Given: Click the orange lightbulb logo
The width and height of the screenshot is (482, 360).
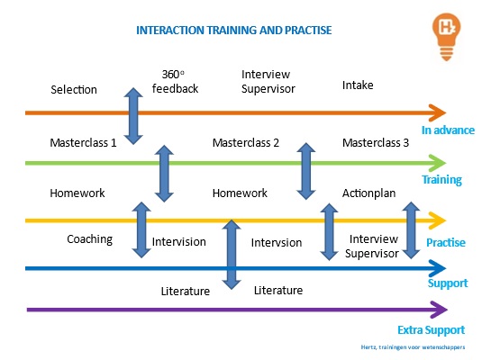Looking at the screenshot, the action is pyautogui.click(x=446, y=37).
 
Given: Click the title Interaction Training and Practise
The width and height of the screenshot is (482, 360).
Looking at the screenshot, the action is pyautogui.click(x=234, y=31).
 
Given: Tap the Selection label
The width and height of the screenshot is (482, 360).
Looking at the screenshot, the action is pyautogui.click(x=74, y=90).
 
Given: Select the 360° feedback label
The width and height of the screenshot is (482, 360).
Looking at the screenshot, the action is pyautogui.click(x=175, y=81).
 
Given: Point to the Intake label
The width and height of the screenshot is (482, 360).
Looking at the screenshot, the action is pyautogui.click(x=358, y=85).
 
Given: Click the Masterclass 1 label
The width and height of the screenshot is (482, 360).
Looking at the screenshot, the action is pyautogui.click(x=83, y=143).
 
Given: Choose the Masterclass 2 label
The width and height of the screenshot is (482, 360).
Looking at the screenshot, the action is pyautogui.click(x=246, y=143).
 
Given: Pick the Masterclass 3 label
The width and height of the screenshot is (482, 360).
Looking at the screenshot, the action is pyautogui.click(x=376, y=143).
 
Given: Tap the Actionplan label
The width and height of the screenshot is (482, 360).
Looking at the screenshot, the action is pyautogui.click(x=368, y=193).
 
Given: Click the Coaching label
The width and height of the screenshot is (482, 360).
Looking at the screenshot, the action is pyautogui.click(x=90, y=239).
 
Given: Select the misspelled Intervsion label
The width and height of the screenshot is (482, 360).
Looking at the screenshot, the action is pyautogui.click(x=277, y=243).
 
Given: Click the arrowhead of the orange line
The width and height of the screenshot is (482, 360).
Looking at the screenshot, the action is pyautogui.click(x=437, y=112).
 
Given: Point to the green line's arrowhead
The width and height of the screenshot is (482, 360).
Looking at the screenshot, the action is pyautogui.click(x=437, y=163).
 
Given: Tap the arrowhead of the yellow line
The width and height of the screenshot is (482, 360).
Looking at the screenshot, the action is pyautogui.click(x=437, y=220).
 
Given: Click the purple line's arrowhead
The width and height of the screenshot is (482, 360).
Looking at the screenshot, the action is pyautogui.click(x=439, y=310).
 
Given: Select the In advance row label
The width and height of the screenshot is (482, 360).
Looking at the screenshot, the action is pyautogui.click(x=448, y=130).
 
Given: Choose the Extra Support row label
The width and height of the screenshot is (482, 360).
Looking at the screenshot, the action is pyautogui.click(x=431, y=330).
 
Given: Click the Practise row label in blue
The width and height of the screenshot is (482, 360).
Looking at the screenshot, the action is pyautogui.click(x=446, y=243).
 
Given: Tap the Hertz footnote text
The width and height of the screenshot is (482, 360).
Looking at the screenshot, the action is pyautogui.click(x=413, y=347).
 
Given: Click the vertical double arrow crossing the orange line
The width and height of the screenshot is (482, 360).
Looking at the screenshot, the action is pyautogui.click(x=133, y=116).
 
